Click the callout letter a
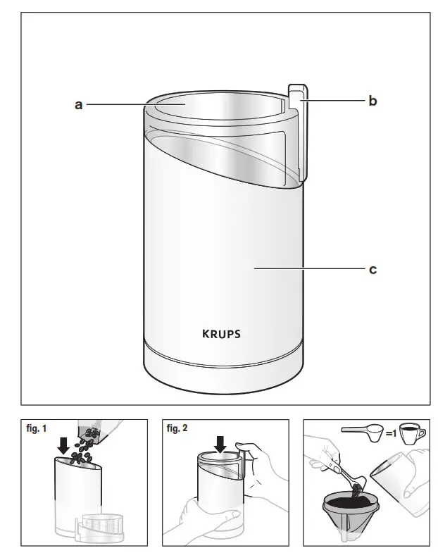pos(78,104)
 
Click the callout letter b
pos(373,101)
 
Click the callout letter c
pos(373,269)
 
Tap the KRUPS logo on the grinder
pos(222,334)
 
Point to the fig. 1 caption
pos(37,428)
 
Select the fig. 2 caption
pos(177,428)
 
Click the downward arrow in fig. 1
pos(63,446)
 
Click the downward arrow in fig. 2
pos(220,445)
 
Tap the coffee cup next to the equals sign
pos(412,434)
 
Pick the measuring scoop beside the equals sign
pos(362,432)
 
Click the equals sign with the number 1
pos(391,433)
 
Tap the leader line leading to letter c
pos(310,268)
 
